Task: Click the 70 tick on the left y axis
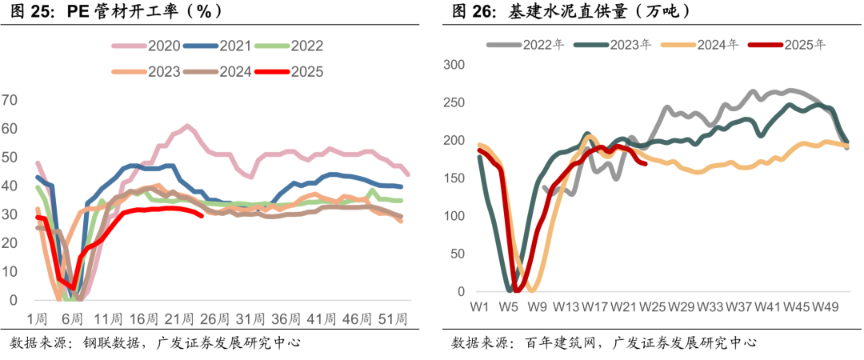10,100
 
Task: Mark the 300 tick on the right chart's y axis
455,65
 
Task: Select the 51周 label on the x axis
390,318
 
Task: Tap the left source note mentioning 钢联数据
155,343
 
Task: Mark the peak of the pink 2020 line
186,126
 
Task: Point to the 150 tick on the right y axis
455,178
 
